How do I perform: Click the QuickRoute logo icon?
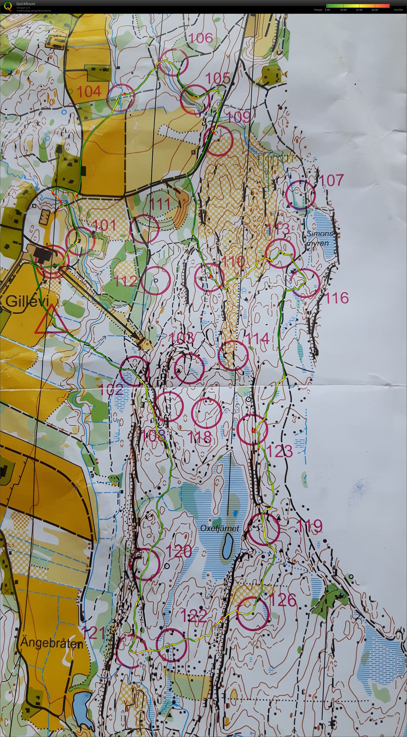pyautogui.click(x=9, y=6)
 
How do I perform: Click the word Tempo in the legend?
pyautogui.click(x=318, y=10)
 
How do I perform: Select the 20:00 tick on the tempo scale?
pyautogui.click(x=374, y=10)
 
